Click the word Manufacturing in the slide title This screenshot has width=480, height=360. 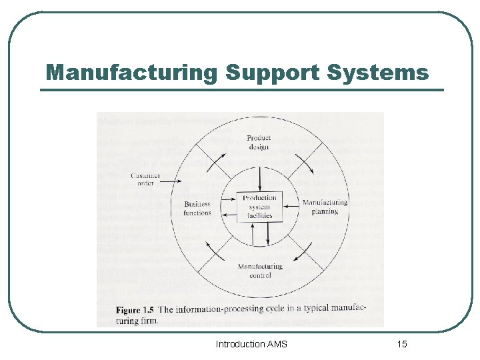[131, 72]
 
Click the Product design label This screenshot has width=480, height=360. [258, 143]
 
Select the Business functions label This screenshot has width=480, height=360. [197, 209]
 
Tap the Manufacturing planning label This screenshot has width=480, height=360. [325, 207]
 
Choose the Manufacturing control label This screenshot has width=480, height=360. [260, 271]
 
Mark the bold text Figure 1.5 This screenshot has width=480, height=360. [135, 310]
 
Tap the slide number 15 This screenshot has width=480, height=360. [402, 344]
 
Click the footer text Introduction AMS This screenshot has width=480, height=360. [251, 344]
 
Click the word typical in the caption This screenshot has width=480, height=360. [319, 310]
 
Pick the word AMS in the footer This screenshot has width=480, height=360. [277, 344]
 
